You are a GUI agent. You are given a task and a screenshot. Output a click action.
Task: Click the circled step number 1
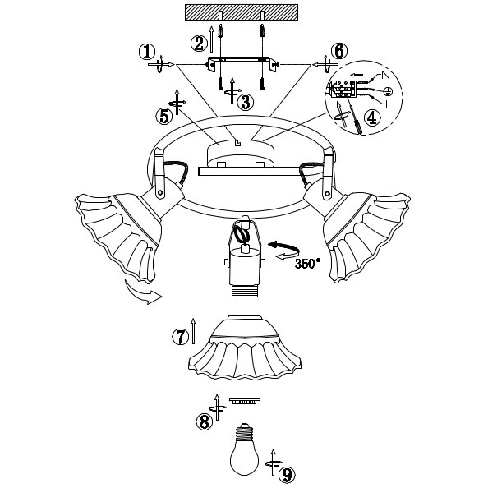click(147, 52)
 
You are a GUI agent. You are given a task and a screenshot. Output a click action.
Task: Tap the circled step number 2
click(199, 44)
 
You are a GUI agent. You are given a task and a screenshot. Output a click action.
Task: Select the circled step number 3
click(246, 102)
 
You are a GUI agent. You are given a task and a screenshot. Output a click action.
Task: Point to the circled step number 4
click(372, 117)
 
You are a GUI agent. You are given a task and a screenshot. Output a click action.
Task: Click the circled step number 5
click(164, 116)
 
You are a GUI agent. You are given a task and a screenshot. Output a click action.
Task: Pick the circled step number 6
click(339, 51)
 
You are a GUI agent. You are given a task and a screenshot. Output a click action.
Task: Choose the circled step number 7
click(181, 337)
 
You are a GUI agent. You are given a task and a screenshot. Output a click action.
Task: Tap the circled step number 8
click(205, 422)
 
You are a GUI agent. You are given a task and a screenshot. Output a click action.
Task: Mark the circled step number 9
click(287, 475)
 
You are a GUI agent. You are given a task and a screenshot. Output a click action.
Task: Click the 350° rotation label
click(307, 264)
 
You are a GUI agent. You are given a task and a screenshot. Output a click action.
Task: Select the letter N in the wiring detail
click(385, 75)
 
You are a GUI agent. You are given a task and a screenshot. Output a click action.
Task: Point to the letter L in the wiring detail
click(389, 104)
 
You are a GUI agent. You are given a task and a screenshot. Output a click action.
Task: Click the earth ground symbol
click(388, 91)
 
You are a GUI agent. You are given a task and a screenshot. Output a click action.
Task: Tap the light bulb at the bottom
click(245, 449)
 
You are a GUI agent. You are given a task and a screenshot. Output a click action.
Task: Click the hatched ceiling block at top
click(242, 12)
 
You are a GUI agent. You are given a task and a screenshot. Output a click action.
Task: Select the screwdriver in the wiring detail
click(354, 117)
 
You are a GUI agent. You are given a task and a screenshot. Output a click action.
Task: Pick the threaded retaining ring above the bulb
click(245, 401)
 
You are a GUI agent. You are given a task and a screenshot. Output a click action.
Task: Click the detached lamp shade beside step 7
click(245, 348)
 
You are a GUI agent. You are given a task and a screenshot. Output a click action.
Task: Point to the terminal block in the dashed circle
click(343, 89)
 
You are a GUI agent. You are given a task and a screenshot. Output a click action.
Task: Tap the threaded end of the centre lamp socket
click(246, 292)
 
